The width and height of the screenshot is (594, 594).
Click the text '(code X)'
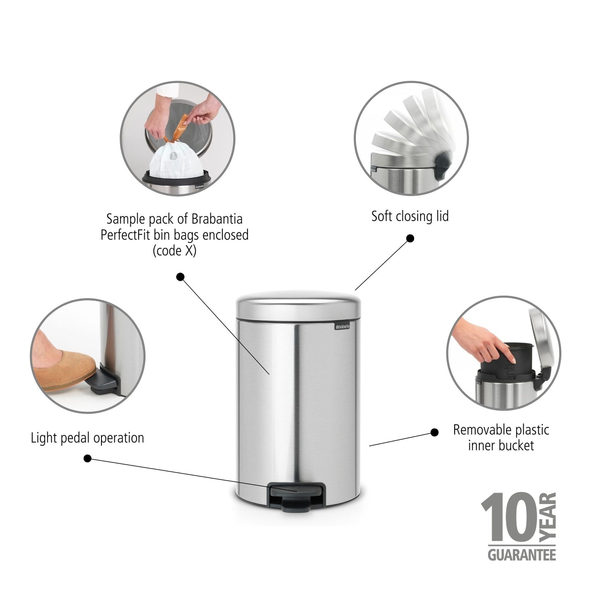tap(174, 251)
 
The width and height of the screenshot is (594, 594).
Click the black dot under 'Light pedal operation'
tap(87, 458)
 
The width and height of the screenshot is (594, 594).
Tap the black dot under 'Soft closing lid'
tap(410, 238)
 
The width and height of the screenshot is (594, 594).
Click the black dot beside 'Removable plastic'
tap(434, 432)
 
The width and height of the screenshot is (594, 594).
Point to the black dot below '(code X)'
tap(180, 277)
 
